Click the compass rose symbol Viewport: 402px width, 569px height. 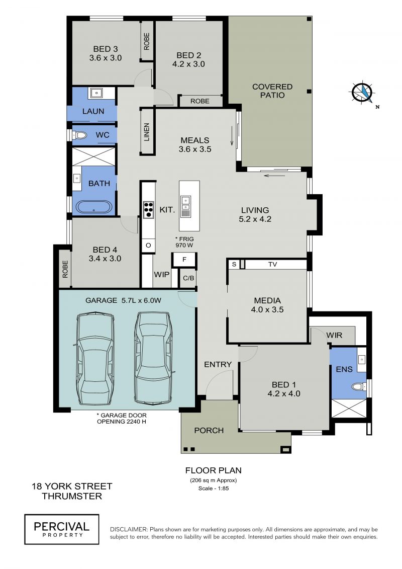pos(362,93)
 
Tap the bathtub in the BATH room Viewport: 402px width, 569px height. pos(94,207)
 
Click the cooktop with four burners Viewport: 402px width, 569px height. pos(148,210)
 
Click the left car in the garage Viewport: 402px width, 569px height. pos(95,359)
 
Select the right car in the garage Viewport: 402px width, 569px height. pos(153,358)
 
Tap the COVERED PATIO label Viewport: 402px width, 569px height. pos(272,91)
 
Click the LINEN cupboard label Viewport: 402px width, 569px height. pos(146,132)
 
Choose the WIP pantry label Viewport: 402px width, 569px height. pos(162,274)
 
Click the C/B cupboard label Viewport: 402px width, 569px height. pos(188,278)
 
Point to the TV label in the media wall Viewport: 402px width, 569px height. pos(272,265)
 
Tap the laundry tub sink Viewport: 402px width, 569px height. pos(96,93)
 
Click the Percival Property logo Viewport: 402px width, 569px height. pos(62,529)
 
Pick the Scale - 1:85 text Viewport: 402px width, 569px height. pos(214,489)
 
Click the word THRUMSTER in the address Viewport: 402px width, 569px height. pos(72,496)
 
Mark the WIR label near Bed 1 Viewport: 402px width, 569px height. pos(334,335)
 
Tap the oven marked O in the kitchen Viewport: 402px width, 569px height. pos(148,246)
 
